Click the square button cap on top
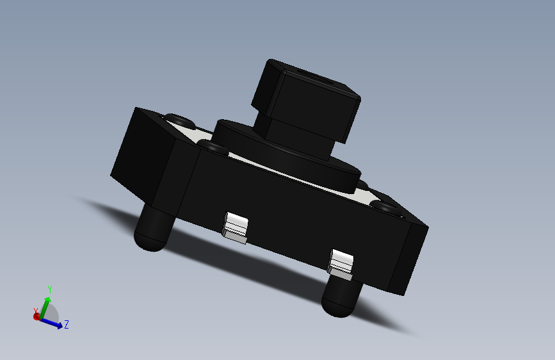[x=306, y=99]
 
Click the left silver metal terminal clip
[x=235, y=228]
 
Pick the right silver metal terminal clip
[x=341, y=265]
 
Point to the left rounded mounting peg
[x=152, y=231]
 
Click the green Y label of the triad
[x=50, y=289]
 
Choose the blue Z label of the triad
[x=67, y=325]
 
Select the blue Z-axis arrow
[x=55, y=323]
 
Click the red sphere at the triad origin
[x=36, y=316]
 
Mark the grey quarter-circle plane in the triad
[x=52, y=313]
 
